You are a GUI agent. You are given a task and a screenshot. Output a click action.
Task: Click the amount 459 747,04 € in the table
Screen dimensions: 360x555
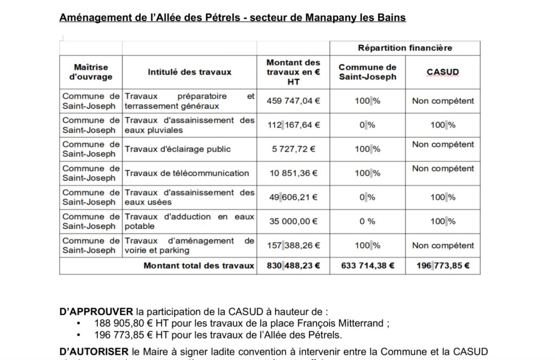point(293,101)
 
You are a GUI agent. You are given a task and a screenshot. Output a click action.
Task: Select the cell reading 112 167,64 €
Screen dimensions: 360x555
point(293,125)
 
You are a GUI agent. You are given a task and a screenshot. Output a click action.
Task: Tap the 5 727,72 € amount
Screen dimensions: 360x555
point(293,149)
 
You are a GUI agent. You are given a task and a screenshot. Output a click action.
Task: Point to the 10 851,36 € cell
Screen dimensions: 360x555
point(293,173)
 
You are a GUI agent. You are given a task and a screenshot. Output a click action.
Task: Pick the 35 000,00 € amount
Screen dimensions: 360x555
point(293,221)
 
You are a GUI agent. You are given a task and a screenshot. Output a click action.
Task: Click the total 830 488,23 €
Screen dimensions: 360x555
point(293,266)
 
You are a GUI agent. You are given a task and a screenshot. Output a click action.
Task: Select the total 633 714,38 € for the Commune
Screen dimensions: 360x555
point(367,266)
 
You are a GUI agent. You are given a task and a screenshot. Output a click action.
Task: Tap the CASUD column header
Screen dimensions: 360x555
point(442,72)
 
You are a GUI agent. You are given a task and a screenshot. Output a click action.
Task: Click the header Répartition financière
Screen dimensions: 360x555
point(405,48)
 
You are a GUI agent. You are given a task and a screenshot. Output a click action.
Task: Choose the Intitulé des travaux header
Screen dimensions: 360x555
point(190,72)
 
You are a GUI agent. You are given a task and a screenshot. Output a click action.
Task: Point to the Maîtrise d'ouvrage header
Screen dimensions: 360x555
point(91,72)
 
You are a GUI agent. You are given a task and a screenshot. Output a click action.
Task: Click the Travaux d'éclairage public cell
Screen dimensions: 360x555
point(178,149)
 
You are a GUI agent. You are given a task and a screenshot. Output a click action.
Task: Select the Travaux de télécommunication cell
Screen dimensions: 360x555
point(187,173)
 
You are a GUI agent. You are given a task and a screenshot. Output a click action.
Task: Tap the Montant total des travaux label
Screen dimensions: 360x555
point(198,266)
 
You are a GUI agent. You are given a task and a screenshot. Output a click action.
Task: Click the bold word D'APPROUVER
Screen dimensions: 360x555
point(95,312)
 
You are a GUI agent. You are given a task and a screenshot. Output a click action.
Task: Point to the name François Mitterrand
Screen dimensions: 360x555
point(344,323)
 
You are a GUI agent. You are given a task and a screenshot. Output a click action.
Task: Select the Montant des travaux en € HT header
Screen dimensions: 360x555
point(293,72)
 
